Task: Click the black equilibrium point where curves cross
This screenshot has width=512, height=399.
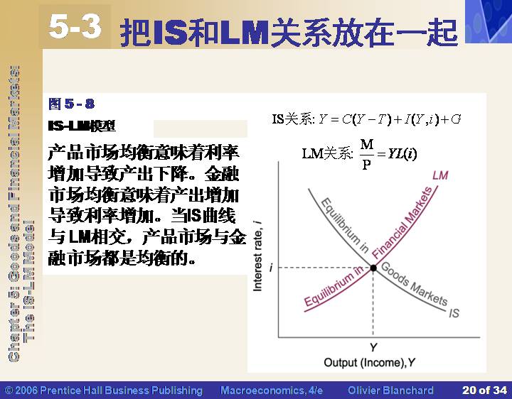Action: pos(373,268)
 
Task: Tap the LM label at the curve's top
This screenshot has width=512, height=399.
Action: pos(440,175)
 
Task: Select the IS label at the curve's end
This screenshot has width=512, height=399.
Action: pos(454,313)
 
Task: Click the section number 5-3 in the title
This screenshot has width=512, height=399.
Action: pos(75,27)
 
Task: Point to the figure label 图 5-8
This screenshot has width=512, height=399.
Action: pos(72,104)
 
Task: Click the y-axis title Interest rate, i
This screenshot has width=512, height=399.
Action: pos(257,256)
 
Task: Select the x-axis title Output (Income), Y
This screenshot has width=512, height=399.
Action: pos(369,362)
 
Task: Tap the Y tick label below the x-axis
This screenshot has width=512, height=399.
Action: pos(373,347)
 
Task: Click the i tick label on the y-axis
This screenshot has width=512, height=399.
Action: pos(271,268)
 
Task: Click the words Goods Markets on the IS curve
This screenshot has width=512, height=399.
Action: pos(413,284)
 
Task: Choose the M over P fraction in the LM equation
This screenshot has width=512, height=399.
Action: pos(367,154)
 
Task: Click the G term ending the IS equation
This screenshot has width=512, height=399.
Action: pos(456,119)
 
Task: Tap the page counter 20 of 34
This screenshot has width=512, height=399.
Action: pos(484,390)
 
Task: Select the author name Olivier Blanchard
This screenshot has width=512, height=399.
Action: pos(390,390)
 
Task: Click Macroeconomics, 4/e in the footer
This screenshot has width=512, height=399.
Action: pos(272,390)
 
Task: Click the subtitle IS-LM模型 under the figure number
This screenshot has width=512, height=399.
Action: pos(82,126)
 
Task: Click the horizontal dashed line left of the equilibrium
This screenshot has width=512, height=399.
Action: pos(324,268)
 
